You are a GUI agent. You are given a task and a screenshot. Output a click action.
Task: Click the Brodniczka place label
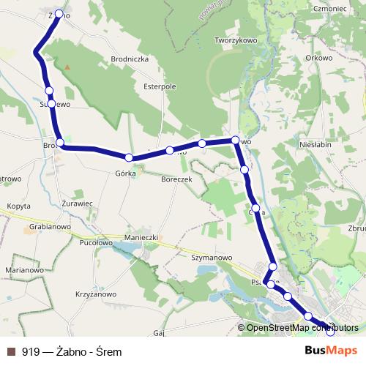click(x=130, y=59)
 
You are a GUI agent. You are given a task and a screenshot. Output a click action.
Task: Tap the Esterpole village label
click(x=160, y=86)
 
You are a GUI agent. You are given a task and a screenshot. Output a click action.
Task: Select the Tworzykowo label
click(x=236, y=41)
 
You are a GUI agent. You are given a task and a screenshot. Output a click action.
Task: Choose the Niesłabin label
click(x=316, y=145)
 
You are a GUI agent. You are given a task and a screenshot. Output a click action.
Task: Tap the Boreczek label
click(x=176, y=179)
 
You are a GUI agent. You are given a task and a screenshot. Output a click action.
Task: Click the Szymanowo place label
click(x=211, y=258)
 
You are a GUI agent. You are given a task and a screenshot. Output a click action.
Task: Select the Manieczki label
click(x=142, y=238)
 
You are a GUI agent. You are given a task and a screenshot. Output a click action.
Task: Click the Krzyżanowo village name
click(x=96, y=294)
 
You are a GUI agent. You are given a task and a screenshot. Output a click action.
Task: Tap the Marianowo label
click(x=24, y=270)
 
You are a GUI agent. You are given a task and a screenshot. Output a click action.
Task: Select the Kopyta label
click(x=18, y=206)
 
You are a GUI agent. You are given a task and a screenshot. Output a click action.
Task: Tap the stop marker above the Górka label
click(x=129, y=157)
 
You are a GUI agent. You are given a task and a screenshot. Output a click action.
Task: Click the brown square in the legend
click(x=11, y=351)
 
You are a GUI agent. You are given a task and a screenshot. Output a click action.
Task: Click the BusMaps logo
click(x=331, y=351)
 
